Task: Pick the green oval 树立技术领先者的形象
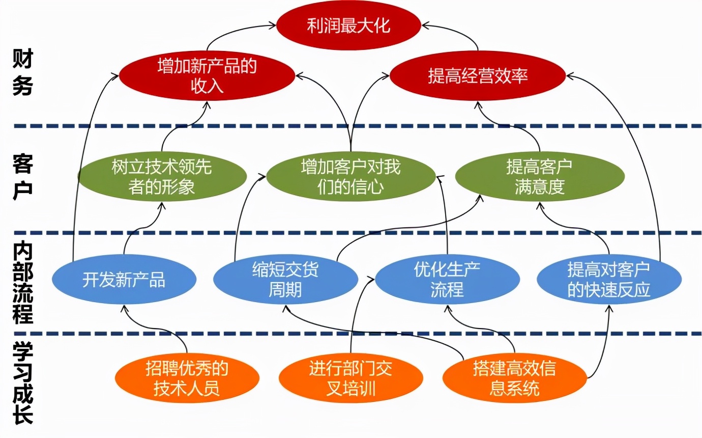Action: click(x=162, y=177)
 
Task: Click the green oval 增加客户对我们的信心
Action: click(x=350, y=177)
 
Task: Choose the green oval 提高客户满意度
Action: click(x=539, y=177)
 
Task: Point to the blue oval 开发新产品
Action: click(x=124, y=280)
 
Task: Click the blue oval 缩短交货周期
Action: click(x=285, y=280)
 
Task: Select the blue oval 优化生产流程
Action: click(x=447, y=280)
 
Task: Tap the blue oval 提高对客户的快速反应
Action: click(x=609, y=280)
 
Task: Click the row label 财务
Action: click(x=23, y=74)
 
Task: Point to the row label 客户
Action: click(x=23, y=177)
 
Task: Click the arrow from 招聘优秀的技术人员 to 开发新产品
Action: click(x=158, y=326)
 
